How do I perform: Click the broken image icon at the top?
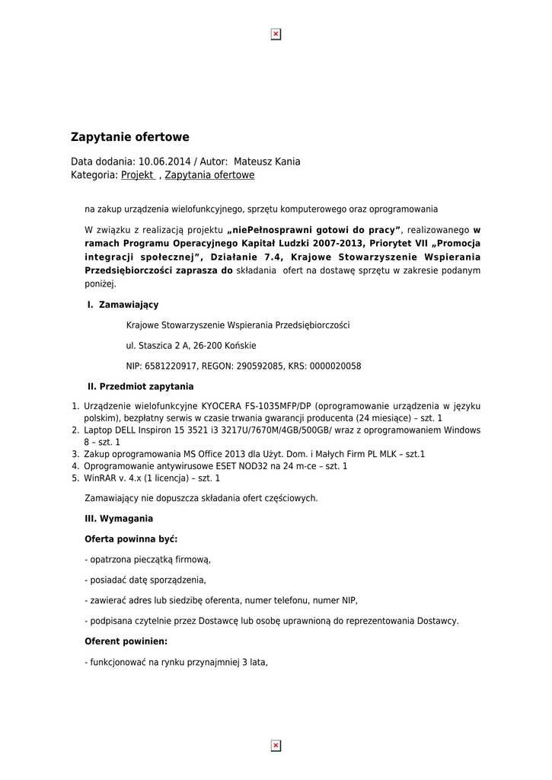coord(276,34)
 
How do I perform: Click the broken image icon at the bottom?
coord(276,746)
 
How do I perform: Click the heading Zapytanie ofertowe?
coord(129,137)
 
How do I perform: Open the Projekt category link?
coord(138,175)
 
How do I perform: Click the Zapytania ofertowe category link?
coord(209,175)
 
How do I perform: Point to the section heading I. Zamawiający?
coord(123,305)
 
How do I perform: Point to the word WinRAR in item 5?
coord(100,478)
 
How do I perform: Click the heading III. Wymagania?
coord(118,519)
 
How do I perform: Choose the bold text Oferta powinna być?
coord(131,539)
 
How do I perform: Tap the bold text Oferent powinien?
coord(126,641)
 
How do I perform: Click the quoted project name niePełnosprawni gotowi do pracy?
coord(314,229)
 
